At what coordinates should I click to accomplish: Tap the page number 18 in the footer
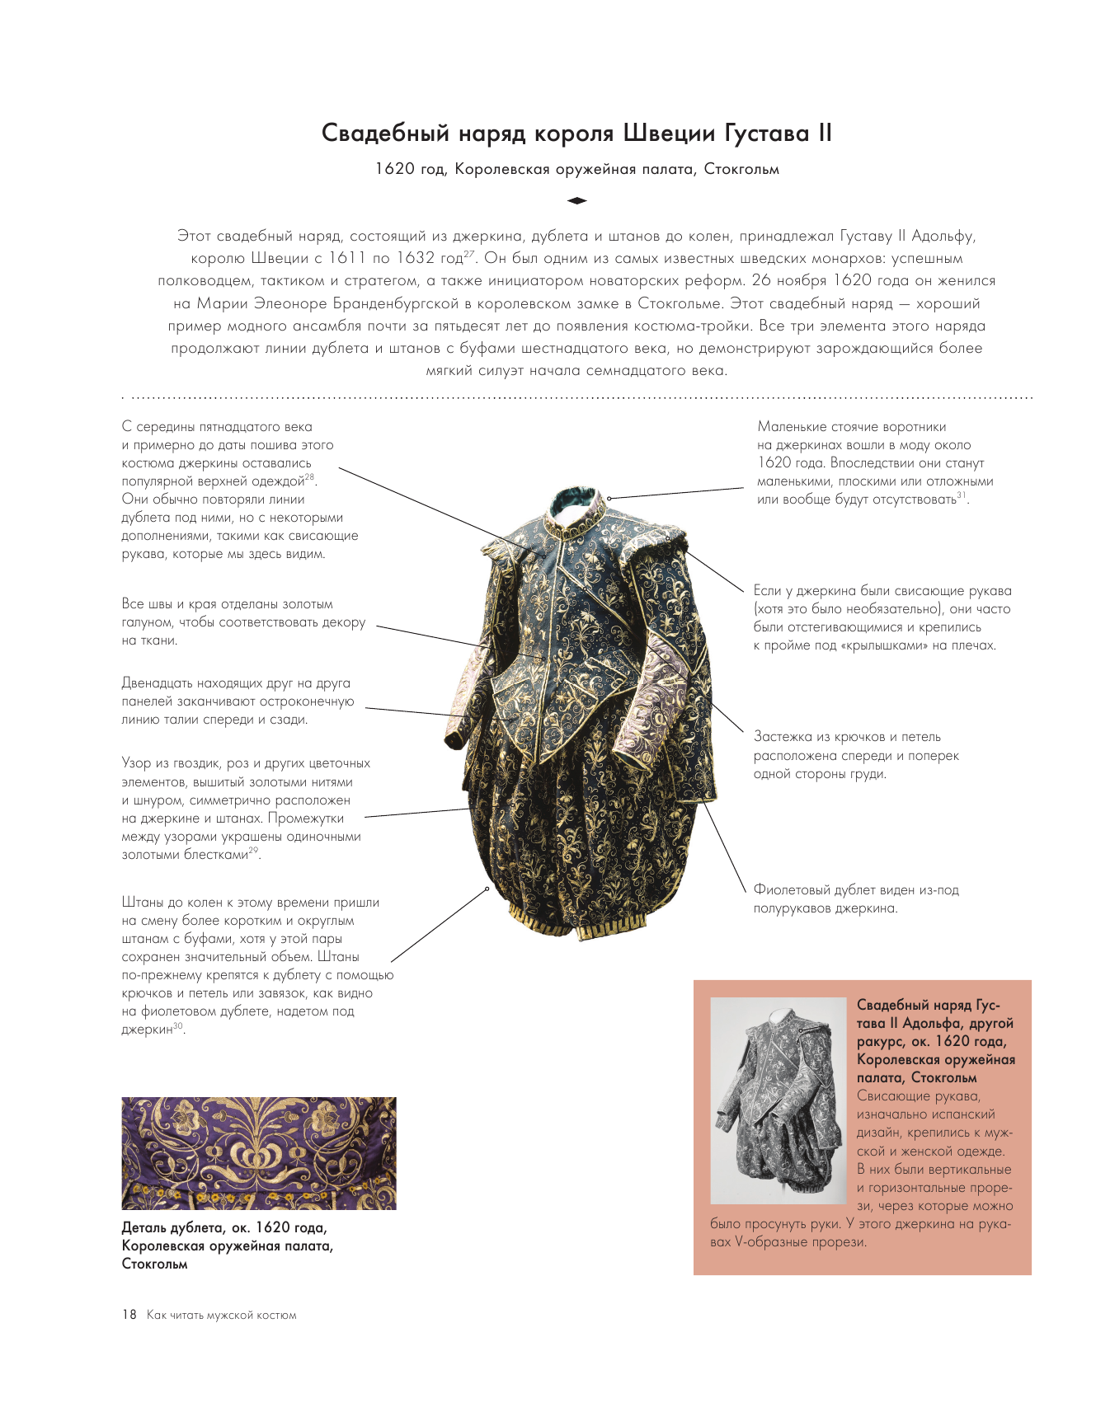[129, 1315]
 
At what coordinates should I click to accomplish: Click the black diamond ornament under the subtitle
[576, 200]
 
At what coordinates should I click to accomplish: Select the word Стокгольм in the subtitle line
[741, 170]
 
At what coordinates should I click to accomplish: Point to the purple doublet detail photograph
[259, 1153]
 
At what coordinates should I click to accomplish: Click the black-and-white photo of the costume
[778, 1100]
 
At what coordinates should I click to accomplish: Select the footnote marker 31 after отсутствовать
[962, 495]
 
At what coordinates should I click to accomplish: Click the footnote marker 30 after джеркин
[178, 1026]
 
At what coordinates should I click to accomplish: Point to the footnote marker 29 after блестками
[253, 851]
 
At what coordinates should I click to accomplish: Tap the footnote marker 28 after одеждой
[309, 477]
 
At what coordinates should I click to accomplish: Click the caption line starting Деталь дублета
[223, 1228]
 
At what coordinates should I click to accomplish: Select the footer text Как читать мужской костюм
[221, 1316]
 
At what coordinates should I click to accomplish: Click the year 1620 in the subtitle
[394, 170]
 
